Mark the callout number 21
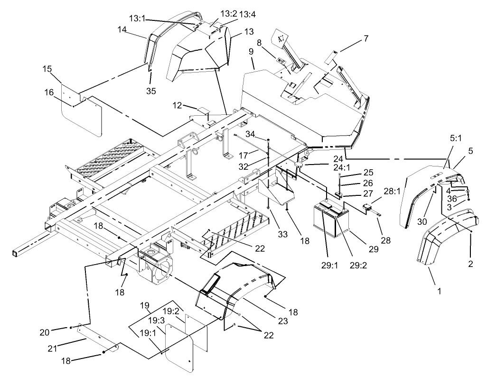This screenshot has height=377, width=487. [x=53, y=349]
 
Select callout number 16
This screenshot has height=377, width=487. [x=49, y=92]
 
